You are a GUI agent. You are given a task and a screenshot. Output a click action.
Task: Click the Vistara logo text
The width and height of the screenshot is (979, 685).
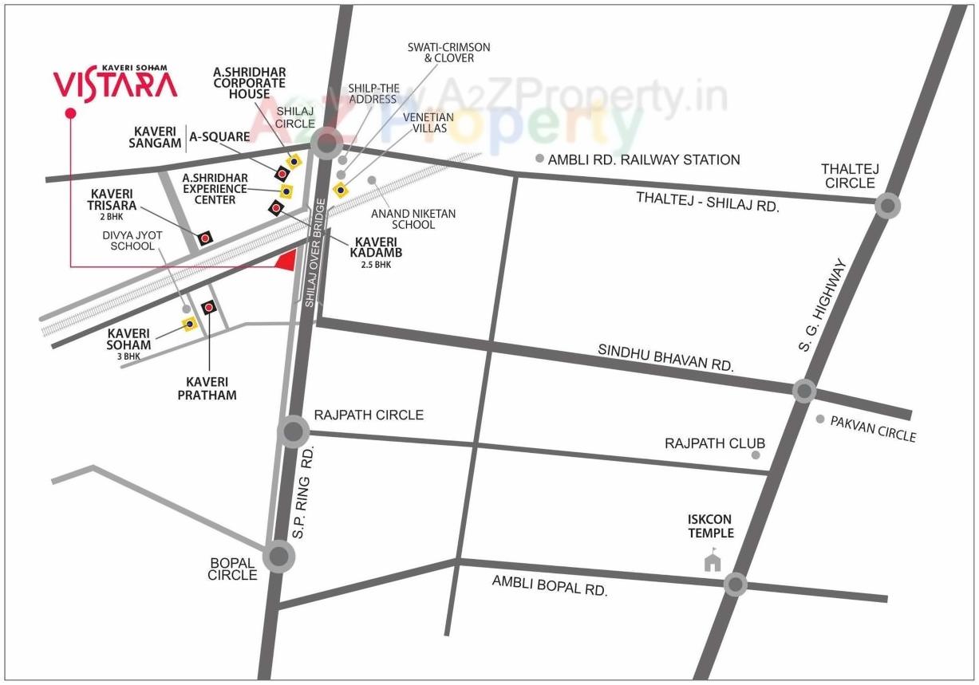(x=115, y=84)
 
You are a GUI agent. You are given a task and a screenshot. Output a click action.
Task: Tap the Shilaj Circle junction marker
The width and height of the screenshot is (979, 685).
(x=326, y=144)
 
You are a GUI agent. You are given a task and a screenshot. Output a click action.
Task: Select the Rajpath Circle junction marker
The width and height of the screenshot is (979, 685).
(x=293, y=432)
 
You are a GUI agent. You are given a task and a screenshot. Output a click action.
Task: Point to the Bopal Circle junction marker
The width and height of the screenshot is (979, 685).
(x=278, y=556)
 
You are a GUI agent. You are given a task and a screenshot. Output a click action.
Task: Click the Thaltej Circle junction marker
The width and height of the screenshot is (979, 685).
(x=887, y=206)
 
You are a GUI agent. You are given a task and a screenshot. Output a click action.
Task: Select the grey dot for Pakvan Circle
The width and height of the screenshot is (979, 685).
(x=820, y=419)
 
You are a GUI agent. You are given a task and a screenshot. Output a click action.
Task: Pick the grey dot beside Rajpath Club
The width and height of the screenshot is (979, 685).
(x=756, y=455)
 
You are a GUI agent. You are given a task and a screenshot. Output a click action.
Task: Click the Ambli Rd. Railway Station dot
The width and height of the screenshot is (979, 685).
(x=540, y=159)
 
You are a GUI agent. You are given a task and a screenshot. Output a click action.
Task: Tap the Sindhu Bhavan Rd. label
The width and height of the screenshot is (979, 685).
(x=665, y=357)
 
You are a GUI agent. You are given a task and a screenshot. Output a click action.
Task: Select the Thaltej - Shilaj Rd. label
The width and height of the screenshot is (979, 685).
(x=707, y=201)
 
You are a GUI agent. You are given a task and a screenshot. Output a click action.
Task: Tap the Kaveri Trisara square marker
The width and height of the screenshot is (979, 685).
(x=205, y=238)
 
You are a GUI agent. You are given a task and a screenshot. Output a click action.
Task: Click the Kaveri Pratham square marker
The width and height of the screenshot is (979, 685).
(x=210, y=307)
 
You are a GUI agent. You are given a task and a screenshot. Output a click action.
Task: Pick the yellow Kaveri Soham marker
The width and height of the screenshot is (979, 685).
(x=190, y=324)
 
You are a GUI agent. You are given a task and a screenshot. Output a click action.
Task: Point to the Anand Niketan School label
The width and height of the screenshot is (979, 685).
(x=413, y=219)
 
